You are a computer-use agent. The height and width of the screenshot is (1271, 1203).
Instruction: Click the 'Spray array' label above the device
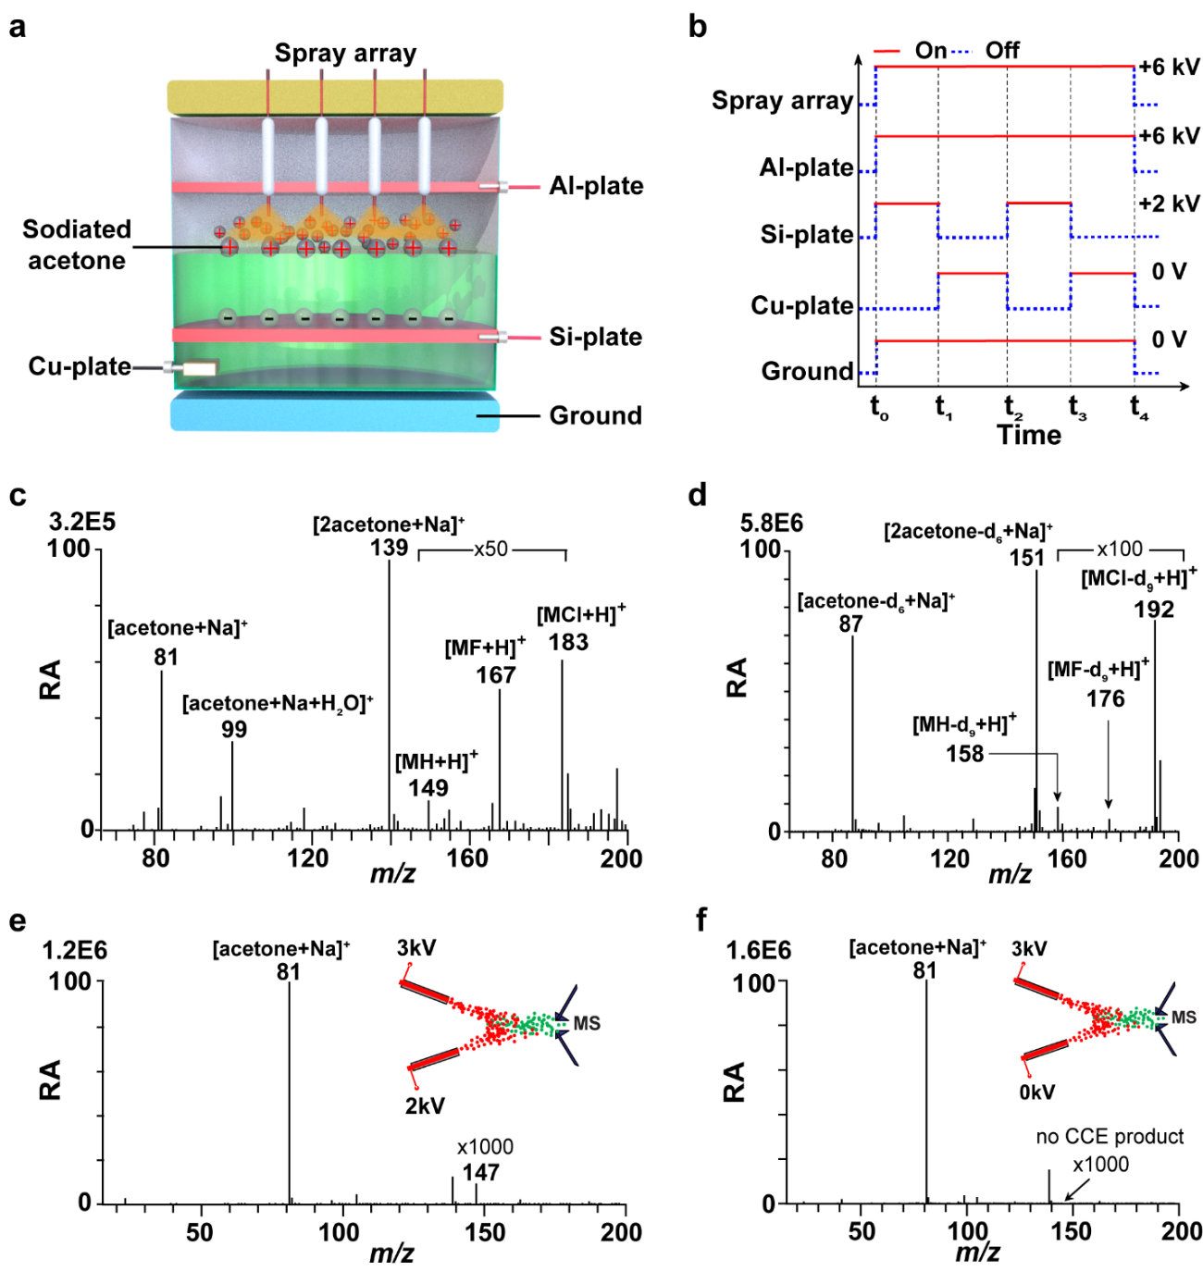[x=345, y=54]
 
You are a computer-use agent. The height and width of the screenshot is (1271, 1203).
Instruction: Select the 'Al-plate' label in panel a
[x=596, y=186]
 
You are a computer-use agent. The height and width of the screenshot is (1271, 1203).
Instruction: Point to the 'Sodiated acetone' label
[x=77, y=245]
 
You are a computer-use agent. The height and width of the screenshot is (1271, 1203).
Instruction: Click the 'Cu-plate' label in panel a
[x=80, y=366]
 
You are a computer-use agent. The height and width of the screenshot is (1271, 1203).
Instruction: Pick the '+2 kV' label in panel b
[x=1169, y=204]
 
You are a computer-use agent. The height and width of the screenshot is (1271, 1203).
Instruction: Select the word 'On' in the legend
[x=930, y=51]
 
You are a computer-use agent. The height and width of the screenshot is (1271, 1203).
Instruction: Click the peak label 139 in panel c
[x=389, y=548]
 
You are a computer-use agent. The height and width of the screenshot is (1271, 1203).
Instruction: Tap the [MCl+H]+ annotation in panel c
[x=581, y=614]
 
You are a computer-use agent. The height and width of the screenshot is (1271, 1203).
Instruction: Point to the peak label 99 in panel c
[x=234, y=729]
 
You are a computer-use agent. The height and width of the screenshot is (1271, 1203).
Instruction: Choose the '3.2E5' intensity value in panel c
[x=82, y=523]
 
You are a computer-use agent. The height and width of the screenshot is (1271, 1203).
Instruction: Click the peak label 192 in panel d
[x=1154, y=610]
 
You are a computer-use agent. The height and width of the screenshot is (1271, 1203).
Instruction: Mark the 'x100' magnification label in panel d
[x=1120, y=549]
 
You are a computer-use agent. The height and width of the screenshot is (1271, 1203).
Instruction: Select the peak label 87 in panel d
[x=851, y=624]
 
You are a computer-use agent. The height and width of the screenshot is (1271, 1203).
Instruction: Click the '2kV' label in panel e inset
[x=425, y=1105]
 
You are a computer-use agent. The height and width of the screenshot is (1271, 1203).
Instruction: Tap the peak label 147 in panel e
[x=481, y=1172]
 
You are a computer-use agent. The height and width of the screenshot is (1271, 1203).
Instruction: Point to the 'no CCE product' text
[x=1110, y=1136]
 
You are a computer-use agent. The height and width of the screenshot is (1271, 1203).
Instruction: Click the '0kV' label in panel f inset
[x=1037, y=1092]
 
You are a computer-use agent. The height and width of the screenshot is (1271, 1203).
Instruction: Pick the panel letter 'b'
[x=698, y=27]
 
